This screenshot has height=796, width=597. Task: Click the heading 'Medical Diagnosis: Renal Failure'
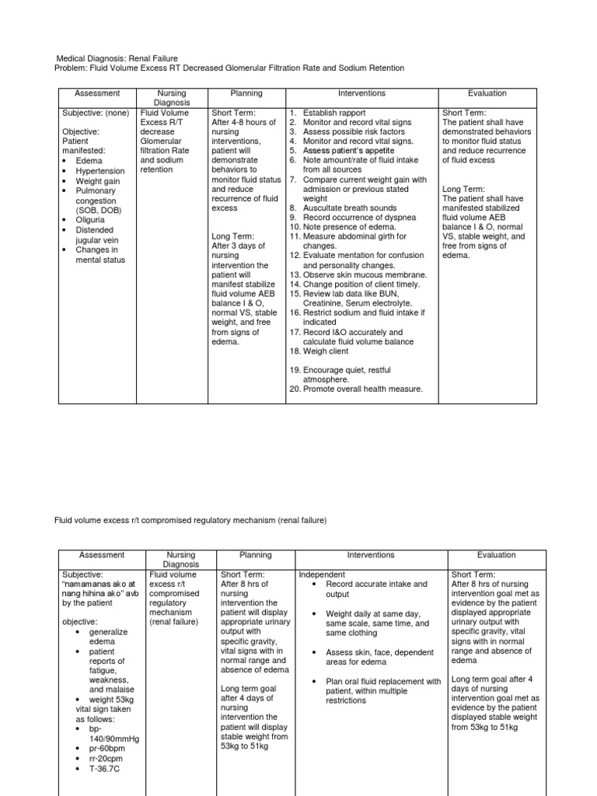click(117, 58)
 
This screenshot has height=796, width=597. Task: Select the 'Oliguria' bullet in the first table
click(93, 220)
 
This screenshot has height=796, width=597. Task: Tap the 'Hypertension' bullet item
click(99, 170)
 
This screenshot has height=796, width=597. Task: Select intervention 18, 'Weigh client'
click(326, 351)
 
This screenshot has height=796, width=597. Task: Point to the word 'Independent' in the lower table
click(323, 574)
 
